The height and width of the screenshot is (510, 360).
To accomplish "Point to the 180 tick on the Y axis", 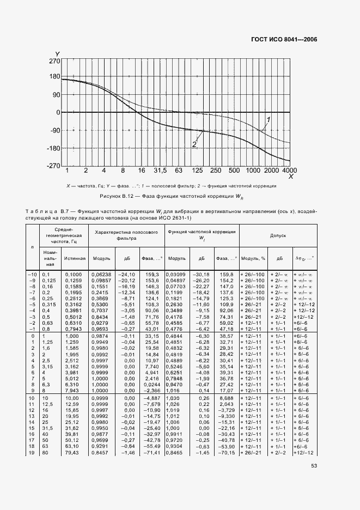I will [x=54, y=76].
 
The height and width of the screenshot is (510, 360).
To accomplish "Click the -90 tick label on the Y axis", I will [x=53, y=130].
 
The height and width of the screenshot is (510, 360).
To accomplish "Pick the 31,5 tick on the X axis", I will [x=158, y=171].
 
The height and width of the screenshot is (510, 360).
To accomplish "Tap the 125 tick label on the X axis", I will [x=198, y=171].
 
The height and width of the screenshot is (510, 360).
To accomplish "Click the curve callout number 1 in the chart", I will [x=268, y=119].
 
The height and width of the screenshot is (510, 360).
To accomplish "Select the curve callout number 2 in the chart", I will [x=193, y=144].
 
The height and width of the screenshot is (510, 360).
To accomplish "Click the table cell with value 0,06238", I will [x=102, y=274].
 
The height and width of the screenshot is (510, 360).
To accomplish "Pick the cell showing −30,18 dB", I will [x=202, y=274].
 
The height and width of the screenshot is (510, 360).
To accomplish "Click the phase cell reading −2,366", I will [x=150, y=390].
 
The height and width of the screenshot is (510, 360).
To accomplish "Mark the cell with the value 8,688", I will [x=225, y=399].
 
